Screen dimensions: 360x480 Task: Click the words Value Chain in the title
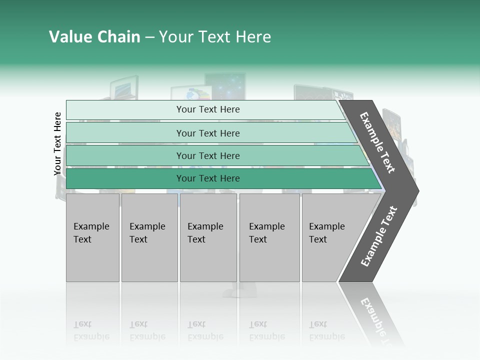point(94,37)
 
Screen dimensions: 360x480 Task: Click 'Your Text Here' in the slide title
point(215,37)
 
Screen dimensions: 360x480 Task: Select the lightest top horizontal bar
point(125,110)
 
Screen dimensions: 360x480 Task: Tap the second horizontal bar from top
point(125,133)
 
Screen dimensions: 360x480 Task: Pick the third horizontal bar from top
point(125,155)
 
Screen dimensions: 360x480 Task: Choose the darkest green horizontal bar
point(125,178)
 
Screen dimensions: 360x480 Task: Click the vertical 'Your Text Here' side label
point(58,144)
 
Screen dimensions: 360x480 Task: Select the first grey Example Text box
point(92,238)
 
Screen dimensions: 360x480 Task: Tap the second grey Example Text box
point(149,238)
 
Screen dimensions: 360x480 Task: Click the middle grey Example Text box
point(208,238)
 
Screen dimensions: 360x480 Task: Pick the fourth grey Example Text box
point(269,238)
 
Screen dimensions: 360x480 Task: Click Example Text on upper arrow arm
point(377,143)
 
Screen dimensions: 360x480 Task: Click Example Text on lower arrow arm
point(379,236)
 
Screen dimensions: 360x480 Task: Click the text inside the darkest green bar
point(208,178)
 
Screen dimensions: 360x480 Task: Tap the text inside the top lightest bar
point(208,109)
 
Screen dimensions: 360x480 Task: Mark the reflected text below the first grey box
point(91,330)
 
